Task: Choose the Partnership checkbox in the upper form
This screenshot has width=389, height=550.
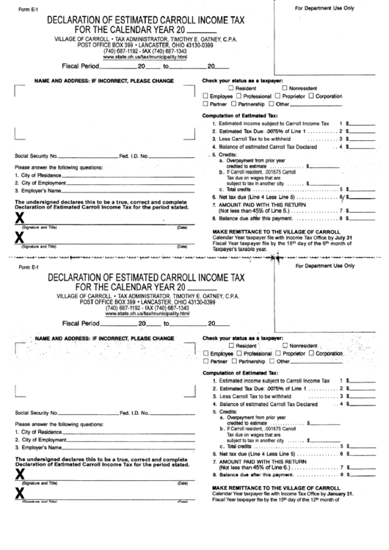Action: pos(234,104)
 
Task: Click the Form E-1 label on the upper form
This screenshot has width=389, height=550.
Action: pos(26,9)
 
